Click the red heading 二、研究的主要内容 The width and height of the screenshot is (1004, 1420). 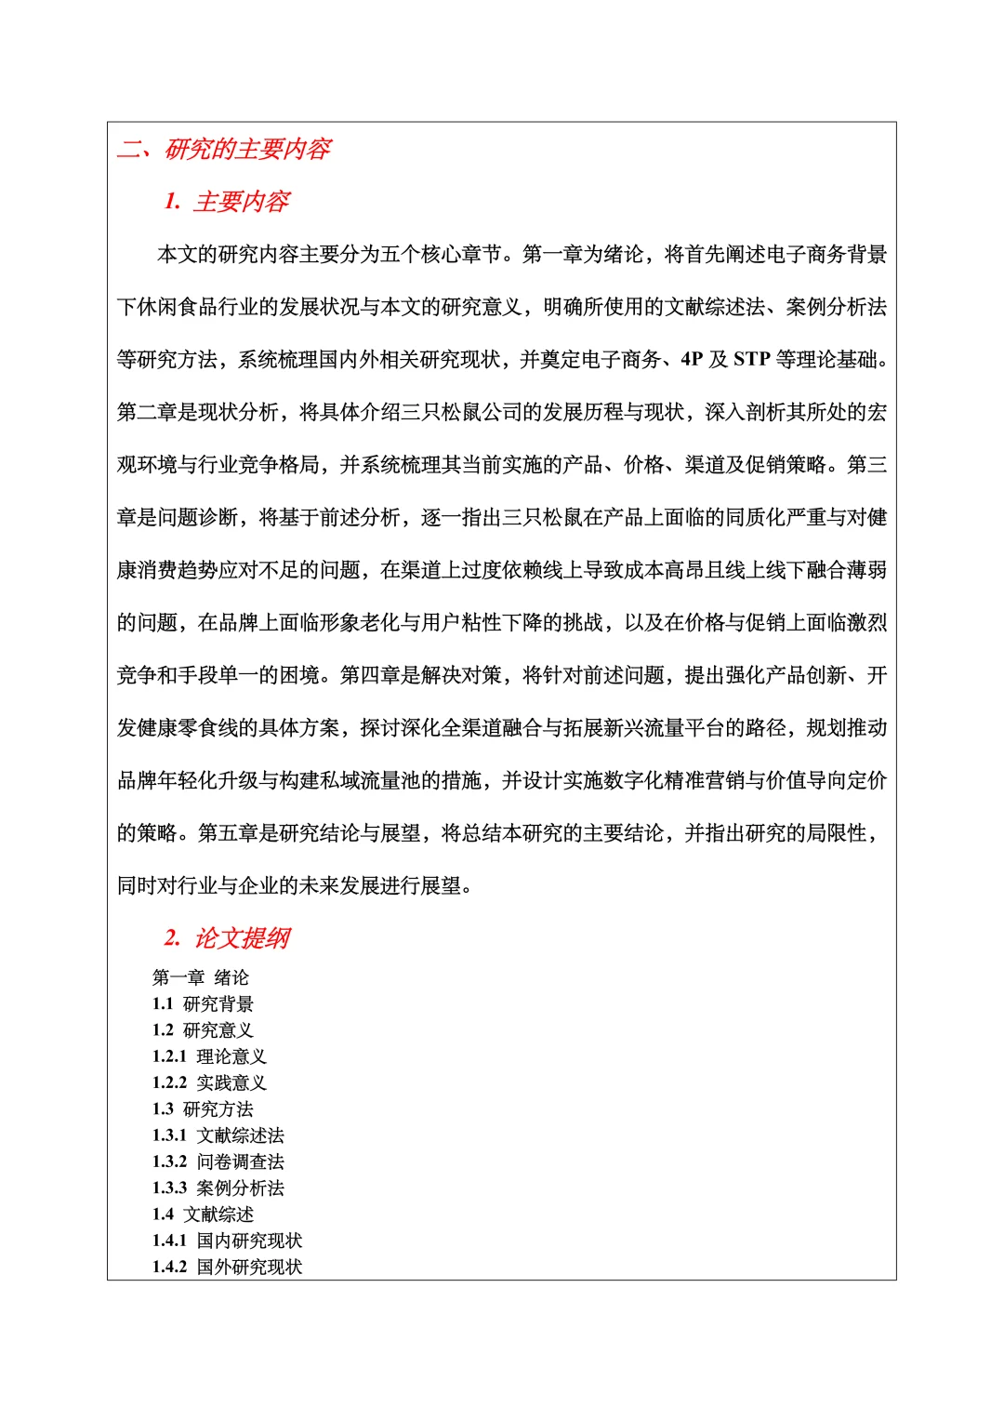[224, 149]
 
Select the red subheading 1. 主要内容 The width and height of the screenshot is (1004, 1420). [227, 202]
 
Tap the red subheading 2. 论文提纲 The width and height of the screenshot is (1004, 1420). [227, 938]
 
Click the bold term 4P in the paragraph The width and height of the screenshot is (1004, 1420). [692, 360]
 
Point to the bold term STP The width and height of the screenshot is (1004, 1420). [751, 360]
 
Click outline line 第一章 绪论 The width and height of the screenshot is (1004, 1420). [201, 977]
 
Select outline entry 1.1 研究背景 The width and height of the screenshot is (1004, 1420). [203, 1004]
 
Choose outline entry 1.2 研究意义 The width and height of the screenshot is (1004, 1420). [203, 1030]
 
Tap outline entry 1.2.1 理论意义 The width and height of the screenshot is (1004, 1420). [209, 1056]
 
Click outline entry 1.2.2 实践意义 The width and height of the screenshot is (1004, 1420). [209, 1082]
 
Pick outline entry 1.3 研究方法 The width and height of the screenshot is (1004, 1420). [203, 1109]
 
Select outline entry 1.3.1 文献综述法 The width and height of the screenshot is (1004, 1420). [218, 1135]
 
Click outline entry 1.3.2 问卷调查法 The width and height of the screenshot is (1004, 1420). [218, 1161]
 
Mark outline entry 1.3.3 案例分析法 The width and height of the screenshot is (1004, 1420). [218, 1188]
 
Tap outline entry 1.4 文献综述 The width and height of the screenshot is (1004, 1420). [203, 1214]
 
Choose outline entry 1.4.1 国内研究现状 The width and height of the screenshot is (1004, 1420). [227, 1241]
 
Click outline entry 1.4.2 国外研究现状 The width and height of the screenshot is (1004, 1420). [227, 1267]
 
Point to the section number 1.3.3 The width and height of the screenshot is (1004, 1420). [169, 1188]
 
